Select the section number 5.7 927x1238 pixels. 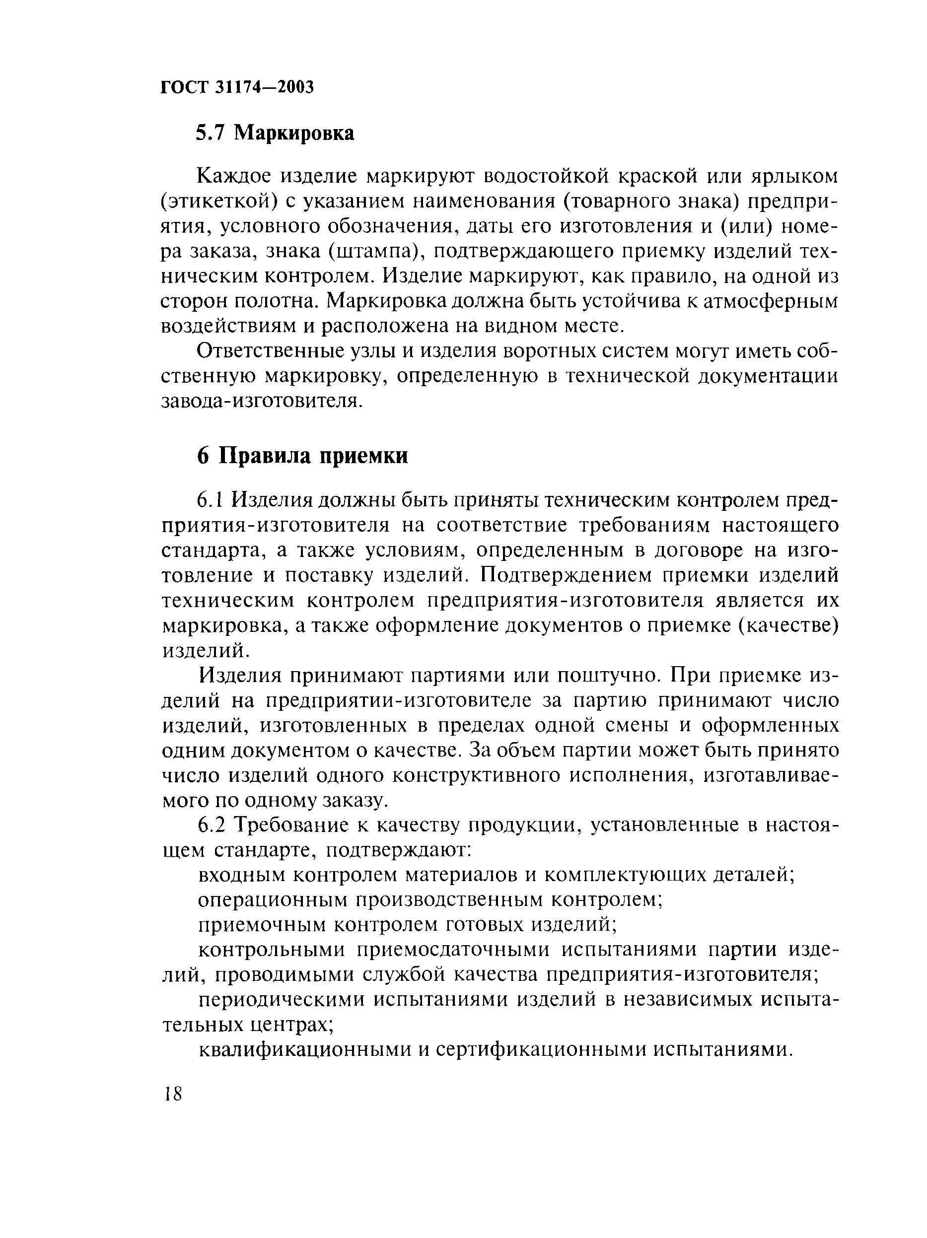(210, 133)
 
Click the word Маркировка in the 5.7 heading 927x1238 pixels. (294, 133)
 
